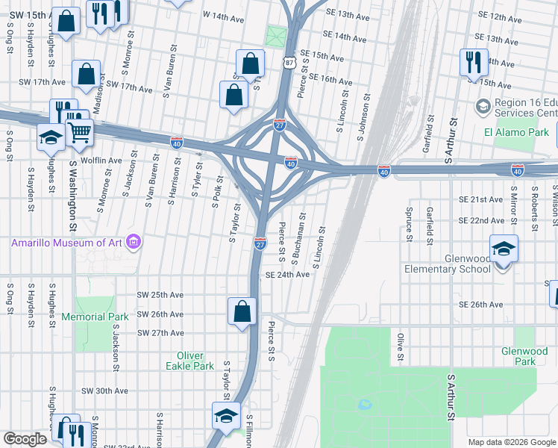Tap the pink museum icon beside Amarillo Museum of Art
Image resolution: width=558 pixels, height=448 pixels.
134,242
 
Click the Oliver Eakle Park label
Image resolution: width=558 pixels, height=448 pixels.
195,361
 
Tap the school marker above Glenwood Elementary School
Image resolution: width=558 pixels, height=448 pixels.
504,249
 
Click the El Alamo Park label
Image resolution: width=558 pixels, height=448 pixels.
515,132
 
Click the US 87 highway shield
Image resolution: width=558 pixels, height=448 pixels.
289,64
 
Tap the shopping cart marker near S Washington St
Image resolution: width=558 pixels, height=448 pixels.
79,133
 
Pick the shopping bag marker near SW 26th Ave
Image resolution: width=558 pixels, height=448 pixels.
242,311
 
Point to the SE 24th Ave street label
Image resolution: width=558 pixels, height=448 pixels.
288,275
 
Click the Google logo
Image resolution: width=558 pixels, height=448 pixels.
25,439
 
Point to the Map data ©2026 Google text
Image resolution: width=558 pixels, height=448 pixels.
510,441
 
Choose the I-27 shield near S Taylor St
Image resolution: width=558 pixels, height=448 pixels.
260,244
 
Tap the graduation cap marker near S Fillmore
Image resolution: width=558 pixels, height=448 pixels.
225,417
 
